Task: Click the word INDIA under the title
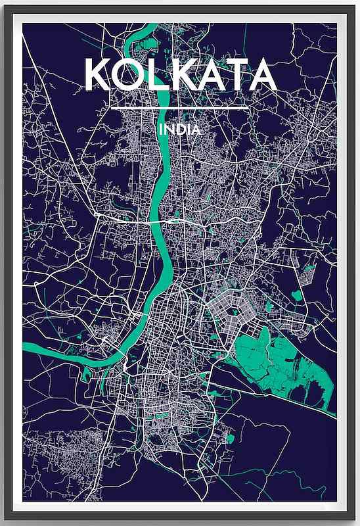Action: click(x=179, y=130)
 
